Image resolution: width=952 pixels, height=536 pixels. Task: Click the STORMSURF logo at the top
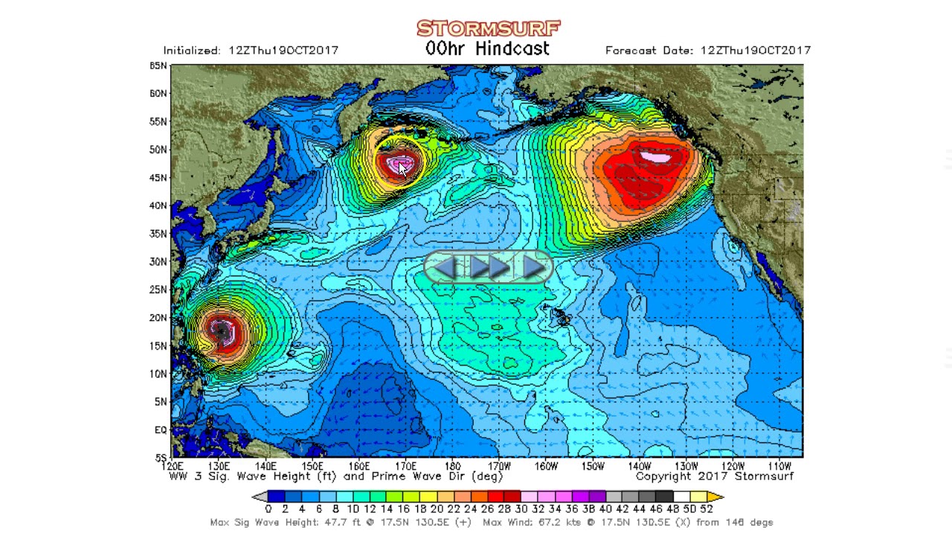click(x=488, y=28)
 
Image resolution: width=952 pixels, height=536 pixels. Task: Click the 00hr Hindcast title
click(x=487, y=49)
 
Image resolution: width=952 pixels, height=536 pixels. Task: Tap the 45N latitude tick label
click(x=158, y=177)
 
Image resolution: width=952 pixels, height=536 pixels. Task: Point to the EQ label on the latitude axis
click(x=160, y=430)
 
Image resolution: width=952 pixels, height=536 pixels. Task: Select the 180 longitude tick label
click(x=452, y=466)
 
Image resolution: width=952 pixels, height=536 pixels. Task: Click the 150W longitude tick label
click(x=593, y=466)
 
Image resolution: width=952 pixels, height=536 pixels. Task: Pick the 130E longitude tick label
click(x=218, y=466)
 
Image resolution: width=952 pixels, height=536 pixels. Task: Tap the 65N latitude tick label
click(x=158, y=66)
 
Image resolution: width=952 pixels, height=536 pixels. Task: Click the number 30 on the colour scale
click(x=521, y=509)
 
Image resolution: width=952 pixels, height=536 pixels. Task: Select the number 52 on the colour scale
click(x=706, y=509)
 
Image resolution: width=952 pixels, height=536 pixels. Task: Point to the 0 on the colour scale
click(x=268, y=509)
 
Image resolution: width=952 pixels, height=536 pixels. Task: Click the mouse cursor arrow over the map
click(x=402, y=168)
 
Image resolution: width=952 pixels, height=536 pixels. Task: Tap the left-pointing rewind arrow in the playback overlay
click(x=446, y=267)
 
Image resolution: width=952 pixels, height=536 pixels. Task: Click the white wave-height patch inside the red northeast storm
click(x=655, y=156)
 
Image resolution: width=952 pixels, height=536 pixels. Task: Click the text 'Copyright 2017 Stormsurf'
click(x=714, y=476)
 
